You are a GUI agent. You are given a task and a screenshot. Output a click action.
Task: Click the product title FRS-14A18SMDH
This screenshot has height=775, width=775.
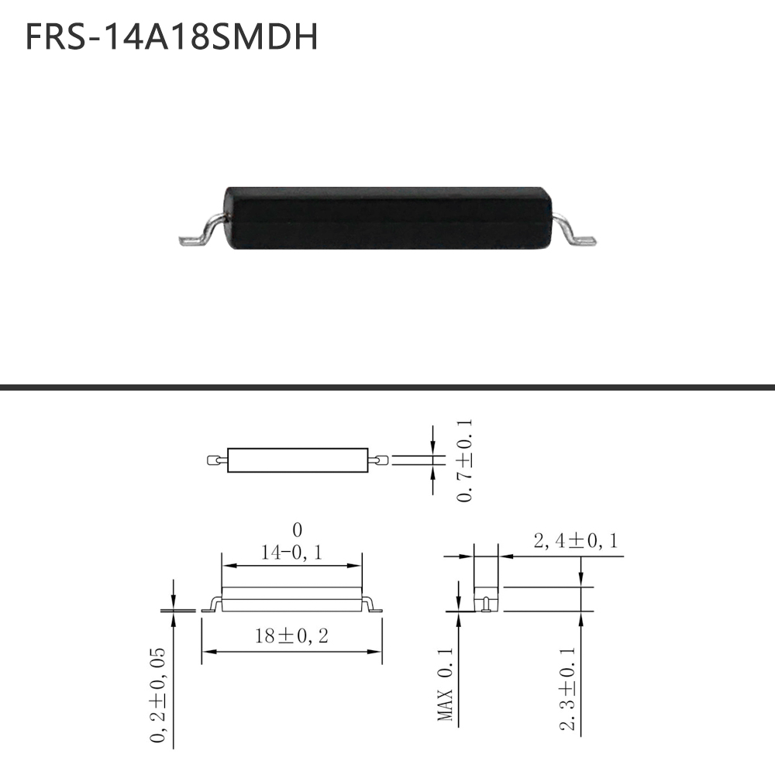click(x=171, y=36)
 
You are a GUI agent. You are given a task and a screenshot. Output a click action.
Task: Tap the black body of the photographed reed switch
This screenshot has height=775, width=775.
click(x=387, y=218)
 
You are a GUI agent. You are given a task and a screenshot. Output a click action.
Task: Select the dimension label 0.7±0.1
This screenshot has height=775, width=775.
click(x=464, y=460)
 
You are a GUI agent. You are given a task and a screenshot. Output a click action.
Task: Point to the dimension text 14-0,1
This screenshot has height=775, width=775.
click(x=291, y=552)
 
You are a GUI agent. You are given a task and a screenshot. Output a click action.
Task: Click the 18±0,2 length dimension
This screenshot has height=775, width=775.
click(x=291, y=635)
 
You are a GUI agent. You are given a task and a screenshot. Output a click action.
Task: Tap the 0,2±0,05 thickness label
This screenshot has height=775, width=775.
click(x=157, y=694)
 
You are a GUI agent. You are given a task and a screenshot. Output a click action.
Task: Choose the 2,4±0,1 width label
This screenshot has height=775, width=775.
click(x=576, y=541)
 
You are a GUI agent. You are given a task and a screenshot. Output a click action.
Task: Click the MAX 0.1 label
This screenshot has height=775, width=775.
click(x=445, y=684)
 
